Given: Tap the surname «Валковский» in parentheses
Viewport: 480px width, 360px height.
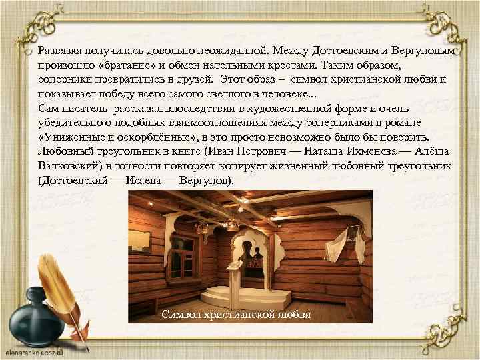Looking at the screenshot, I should point(73,167).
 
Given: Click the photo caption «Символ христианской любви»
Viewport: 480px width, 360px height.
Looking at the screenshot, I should point(237,314).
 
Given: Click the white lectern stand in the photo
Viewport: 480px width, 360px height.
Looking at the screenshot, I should point(238,267).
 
